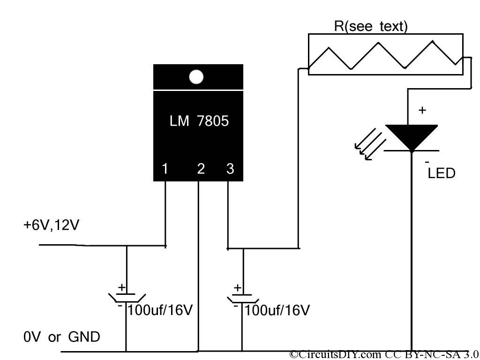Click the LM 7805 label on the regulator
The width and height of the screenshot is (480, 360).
click(x=199, y=121)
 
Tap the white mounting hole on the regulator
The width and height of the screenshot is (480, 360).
click(x=196, y=77)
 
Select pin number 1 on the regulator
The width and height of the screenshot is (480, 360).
click(x=165, y=169)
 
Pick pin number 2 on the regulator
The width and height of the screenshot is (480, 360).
click(x=201, y=169)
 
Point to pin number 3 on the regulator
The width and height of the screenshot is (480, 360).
click(x=230, y=169)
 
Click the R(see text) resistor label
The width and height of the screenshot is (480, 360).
click(x=371, y=27)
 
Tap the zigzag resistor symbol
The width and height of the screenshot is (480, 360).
click(x=384, y=54)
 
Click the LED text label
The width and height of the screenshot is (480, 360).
click(x=442, y=173)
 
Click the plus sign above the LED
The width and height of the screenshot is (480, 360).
click(x=422, y=110)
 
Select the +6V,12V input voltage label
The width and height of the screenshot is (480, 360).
click(x=52, y=225)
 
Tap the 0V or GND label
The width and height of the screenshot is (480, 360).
click(x=61, y=337)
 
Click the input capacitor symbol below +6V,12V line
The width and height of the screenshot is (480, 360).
click(x=126, y=297)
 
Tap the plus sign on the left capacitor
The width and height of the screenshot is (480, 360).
click(x=121, y=287)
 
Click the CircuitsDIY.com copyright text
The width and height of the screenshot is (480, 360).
click(x=384, y=354)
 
